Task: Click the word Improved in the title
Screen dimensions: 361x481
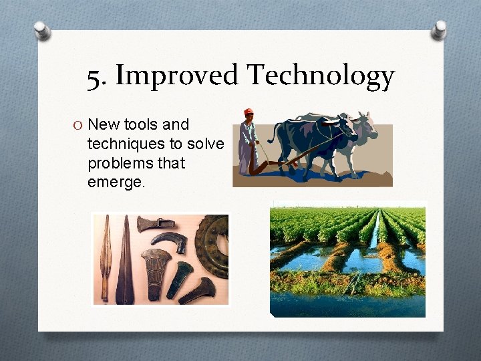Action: click(x=176, y=75)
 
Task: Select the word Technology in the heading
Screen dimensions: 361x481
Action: click(x=321, y=76)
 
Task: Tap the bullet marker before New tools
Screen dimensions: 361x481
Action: click(x=78, y=125)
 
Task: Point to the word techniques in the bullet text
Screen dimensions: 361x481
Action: click(x=124, y=144)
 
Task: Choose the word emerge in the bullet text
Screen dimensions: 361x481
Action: click(x=116, y=183)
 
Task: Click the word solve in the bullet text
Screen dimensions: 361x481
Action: click(x=206, y=144)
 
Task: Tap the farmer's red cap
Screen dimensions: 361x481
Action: click(x=249, y=112)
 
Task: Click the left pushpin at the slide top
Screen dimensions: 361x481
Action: click(x=43, y=29)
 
